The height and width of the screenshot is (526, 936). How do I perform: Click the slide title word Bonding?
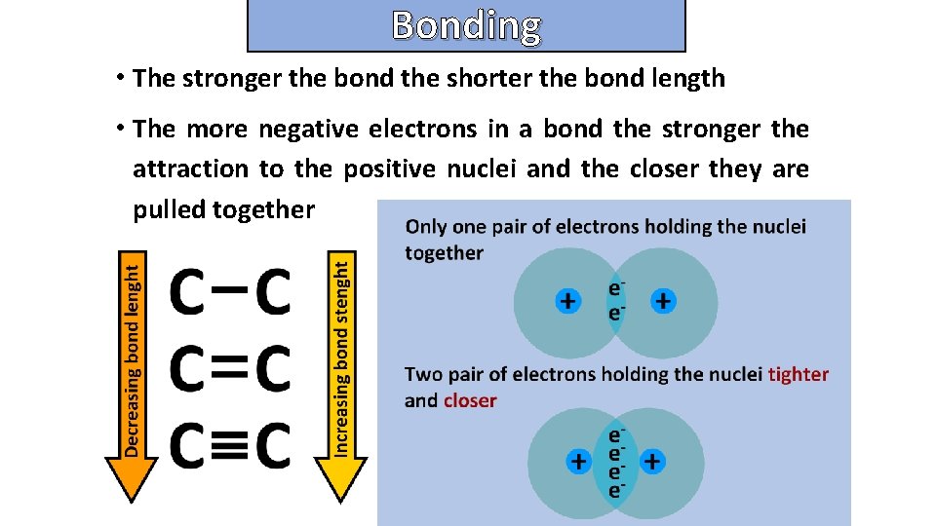(x=466, y=26)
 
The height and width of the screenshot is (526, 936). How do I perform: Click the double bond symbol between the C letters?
(x=230, y=367)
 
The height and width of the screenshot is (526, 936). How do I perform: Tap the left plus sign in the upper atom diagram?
(x=567, y=301)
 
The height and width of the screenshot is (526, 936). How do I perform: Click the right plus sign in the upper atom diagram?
(x=662, y=301)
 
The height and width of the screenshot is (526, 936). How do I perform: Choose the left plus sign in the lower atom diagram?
(x=578, y=460)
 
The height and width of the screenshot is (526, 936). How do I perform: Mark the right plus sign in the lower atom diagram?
(x=652, y=460)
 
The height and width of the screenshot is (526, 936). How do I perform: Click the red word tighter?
(x=799, y=374)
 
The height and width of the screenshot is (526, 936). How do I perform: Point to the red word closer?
(x=470, y=400)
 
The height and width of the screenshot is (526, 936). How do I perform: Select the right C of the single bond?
(x=272, y=291)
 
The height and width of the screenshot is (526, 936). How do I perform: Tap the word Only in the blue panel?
(x=426, y=227)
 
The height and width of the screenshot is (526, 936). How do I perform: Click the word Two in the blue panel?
(x=423, y=374)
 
